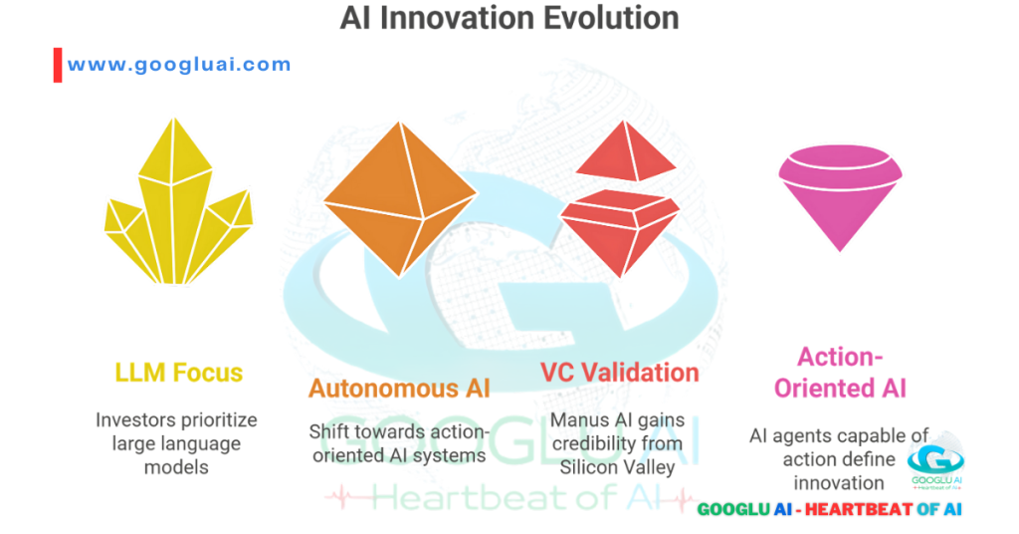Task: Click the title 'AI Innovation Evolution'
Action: pos(509,18)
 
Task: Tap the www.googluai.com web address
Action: pos(179,65)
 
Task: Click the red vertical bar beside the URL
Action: pos(57,65)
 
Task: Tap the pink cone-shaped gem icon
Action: pos(840,194)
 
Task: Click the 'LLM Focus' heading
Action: pos(178,374)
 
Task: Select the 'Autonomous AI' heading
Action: pos(399,389)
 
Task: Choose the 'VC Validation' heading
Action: pos(619,373)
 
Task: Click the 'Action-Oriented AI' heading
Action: pos(840,372)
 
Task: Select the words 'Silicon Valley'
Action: pos(619,466)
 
